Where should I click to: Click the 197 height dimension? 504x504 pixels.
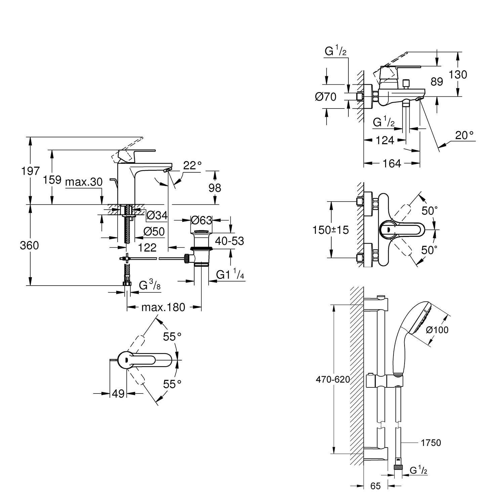pyautogui.click(x=31, y=171)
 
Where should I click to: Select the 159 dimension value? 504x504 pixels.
pyautogui.click(x=52, y=180)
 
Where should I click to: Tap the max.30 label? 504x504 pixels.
pyautogui.click(x=84, y=182)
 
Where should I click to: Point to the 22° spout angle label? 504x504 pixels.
pyautogui.click(x=193, y=165)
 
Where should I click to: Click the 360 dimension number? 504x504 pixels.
pyautogui.click(x=29, y=246)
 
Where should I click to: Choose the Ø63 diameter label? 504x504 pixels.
pyautogui.click(x=201, y=220)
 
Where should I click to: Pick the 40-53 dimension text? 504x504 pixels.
pyautogui.click(x=230, y=241)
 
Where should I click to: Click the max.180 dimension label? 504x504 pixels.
pyautogui.click(x=163, y=307)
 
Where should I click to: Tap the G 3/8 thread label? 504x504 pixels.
pyautogui.click(x=150, y=286)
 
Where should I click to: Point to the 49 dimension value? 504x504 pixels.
pyautogui.click(x=118, y=393)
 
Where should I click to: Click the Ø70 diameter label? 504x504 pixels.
pyautogui.click(x=326, y=97)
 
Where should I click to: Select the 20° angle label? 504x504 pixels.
pyautogui.click(x=464, y=135)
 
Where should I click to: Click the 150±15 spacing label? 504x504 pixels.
pyautogui.click(x=331, y=230)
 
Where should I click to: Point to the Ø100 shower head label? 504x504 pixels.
pyautogui.click(x=437, y=330)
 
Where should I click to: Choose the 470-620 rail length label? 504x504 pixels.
pyautogui.click(x=333, y=379)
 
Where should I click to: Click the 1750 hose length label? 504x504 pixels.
pyautogui.click(x=431, y=443)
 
